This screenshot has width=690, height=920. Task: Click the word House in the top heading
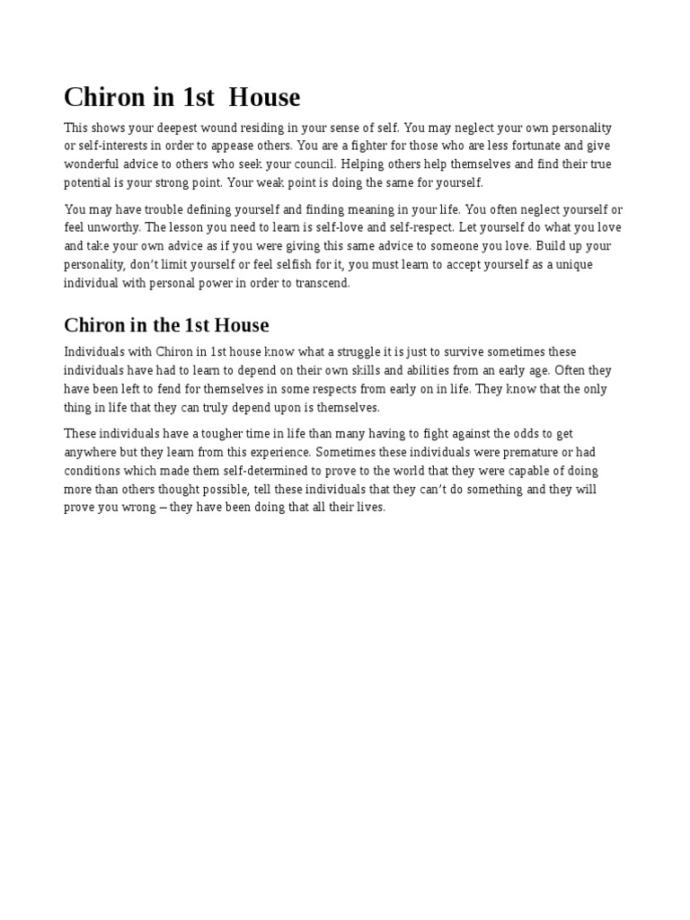[x=264, y=97]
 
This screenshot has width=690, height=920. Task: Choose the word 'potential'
[x=88, y=182]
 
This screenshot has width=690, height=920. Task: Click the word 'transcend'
[x=323, y=283]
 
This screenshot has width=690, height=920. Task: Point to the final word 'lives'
[x=369, y=508]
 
